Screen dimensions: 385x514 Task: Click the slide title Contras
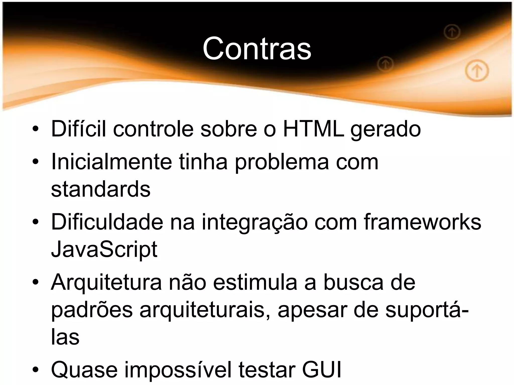(257, 48)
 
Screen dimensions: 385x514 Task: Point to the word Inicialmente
(111, 162)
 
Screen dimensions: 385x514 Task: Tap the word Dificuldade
(107, 222)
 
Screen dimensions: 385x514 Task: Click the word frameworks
(422, 222)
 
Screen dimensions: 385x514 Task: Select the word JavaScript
(104, 249)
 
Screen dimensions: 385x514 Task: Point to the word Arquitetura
(106, 282)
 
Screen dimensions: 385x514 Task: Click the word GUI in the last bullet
(322, 369)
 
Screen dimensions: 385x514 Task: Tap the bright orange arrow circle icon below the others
(477, 71)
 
